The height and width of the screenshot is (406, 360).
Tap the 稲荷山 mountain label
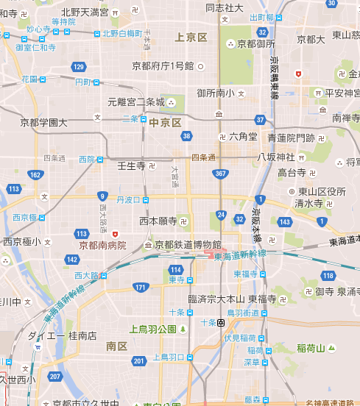click(x=311, y=347)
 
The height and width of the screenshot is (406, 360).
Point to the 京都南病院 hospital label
click(x=102, y=245)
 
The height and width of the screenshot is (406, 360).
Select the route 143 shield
click(x=285, y=221)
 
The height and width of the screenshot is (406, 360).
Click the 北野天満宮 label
click(x=85, y=12)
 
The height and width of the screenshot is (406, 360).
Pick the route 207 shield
click(x=54, y=376)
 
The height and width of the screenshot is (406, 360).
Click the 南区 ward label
click(x=116, y=345)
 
